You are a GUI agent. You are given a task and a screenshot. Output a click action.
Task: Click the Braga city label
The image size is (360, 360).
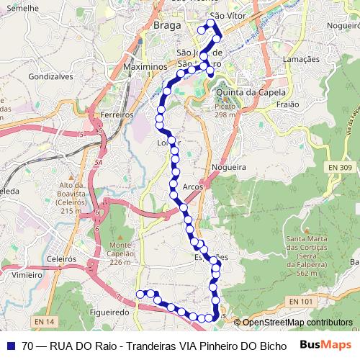(167, 27)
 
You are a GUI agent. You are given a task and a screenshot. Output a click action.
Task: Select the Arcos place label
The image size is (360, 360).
(193, 186)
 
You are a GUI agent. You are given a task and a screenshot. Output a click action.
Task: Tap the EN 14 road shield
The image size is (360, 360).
(44, 321)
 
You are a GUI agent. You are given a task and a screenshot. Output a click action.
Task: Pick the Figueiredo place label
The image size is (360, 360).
(110, 313)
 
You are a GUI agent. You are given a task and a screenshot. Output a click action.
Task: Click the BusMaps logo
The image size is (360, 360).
(326, 345)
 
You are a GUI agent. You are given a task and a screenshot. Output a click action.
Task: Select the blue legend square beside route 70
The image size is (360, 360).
(10, 345)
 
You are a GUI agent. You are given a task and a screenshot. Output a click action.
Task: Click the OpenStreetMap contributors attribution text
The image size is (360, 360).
(297, 323)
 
